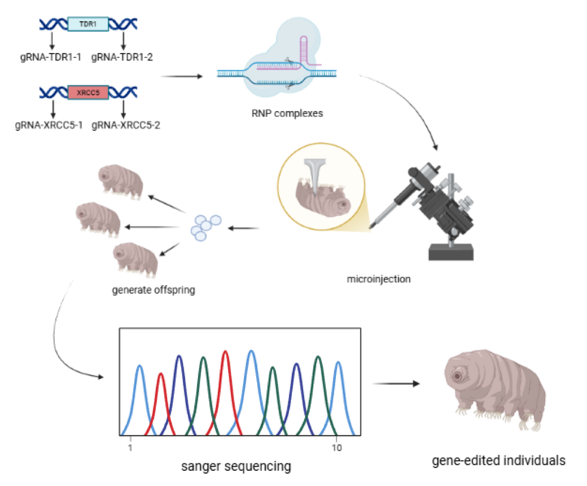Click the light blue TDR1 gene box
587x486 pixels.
[87, 24]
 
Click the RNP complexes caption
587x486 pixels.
[287, 113]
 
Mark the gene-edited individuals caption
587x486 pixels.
[499, 460]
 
